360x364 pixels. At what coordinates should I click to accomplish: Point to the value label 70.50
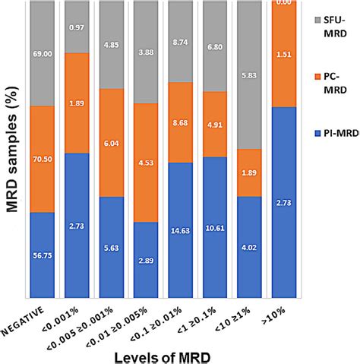(x=42, y=159)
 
